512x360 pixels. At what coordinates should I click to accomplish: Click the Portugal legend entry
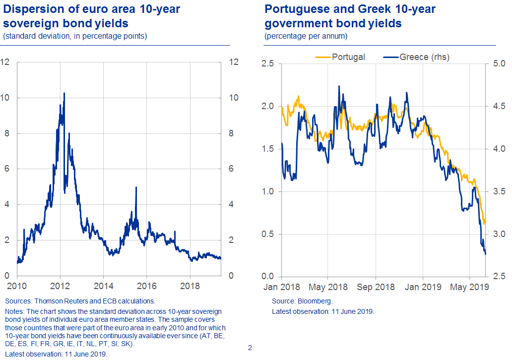(x=348, y=57)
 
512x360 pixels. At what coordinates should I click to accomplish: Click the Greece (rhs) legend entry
(x=424, y=57)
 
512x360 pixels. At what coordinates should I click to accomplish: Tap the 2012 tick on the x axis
(x=60, y=287)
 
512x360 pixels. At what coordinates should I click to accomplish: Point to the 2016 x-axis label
(x=147, y=287)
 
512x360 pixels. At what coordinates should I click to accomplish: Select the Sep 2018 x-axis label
(x=376, y=287)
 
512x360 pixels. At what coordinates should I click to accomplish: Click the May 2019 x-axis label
(x=469, y=287)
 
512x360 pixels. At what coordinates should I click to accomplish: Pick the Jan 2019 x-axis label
(x=423, y=287)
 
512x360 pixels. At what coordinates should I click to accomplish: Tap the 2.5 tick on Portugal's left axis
(x=268, y=64)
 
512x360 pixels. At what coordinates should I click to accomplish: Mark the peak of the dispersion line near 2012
(x=64, y=93)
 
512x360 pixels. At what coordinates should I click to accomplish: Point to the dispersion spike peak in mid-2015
(x=136, y=187)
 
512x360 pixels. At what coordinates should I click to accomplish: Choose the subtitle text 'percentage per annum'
(x=306, y=36)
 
